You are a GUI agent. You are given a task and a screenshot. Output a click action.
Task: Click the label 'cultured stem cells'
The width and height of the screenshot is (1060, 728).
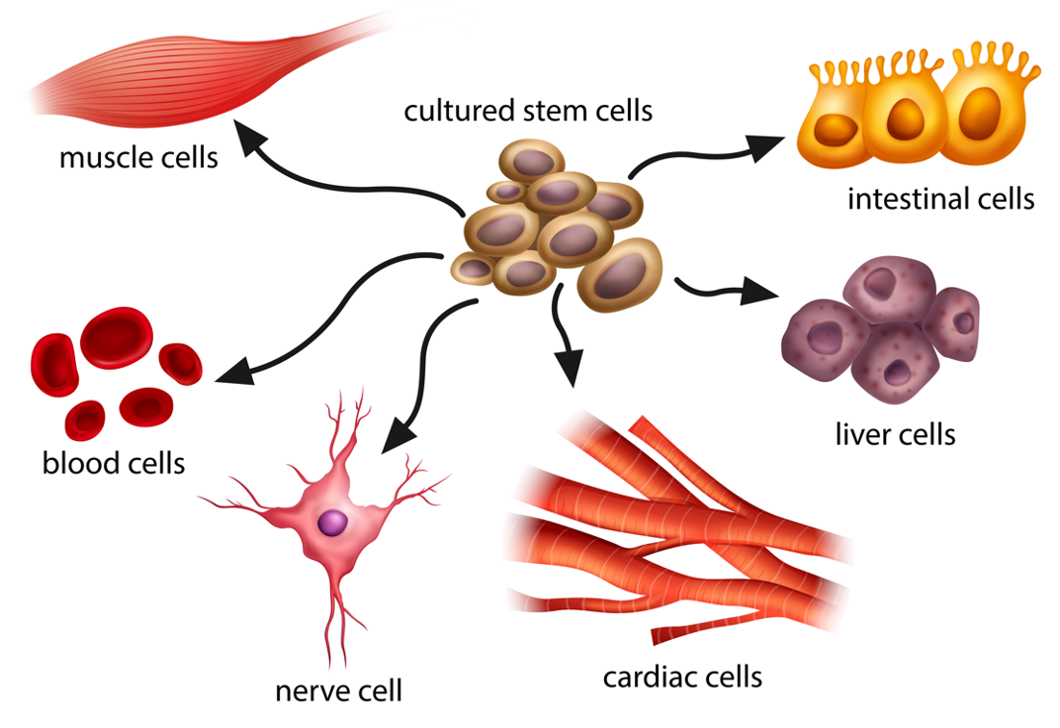point(528,110)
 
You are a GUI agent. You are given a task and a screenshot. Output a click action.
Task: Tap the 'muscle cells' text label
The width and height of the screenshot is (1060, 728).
point(138,157)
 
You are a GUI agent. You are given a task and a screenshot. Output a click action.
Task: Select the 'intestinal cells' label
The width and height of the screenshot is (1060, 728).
point(940,199)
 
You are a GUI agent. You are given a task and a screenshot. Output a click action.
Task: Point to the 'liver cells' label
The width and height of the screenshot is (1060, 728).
point(895,433)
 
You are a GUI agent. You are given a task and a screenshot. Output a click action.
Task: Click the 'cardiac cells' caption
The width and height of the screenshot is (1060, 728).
point(683,677)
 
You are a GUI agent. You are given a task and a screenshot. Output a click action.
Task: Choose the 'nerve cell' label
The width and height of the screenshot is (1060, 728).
point(339,689)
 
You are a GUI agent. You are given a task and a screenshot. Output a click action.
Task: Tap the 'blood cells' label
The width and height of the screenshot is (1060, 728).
point(114,462)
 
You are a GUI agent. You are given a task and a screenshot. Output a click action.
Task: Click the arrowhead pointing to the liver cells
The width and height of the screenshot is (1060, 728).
point(762,293)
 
